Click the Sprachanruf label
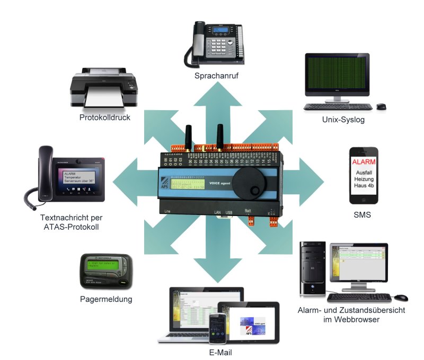click(x=216, y=76)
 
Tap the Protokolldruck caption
click(x=105, y=118)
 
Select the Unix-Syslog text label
click(x=343, y=120)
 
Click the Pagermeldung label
click(x=107, y=299)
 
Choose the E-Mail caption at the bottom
click(x=220, y=352)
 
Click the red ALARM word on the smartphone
click(x=364, y=161)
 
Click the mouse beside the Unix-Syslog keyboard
click(x=381, y=106)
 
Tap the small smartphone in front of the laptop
click(x=217, y=328)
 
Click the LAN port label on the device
click(x=217, y=212)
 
